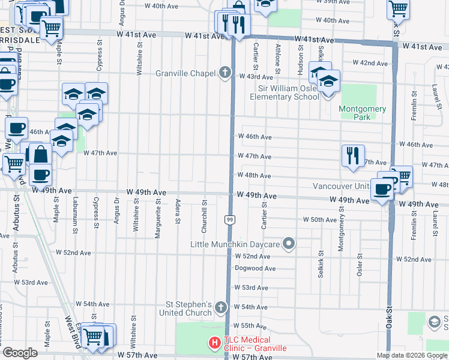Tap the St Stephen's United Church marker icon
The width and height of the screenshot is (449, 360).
[x=220, y=308]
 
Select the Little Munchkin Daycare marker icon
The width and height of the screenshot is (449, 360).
[x=289, y=244]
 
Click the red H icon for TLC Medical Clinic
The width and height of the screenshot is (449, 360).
[x=214, y=343]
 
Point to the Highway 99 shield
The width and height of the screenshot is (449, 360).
[x=230, y=220]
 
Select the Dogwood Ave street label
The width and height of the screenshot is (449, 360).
[x=255, y=268]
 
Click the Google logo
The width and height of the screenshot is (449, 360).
[x=20, y=353]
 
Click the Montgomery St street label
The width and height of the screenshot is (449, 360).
[x=340, y=229]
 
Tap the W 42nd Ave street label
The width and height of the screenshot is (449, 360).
[x=370, y=62]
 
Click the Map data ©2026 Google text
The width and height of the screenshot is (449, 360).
[x=412, y=355]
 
